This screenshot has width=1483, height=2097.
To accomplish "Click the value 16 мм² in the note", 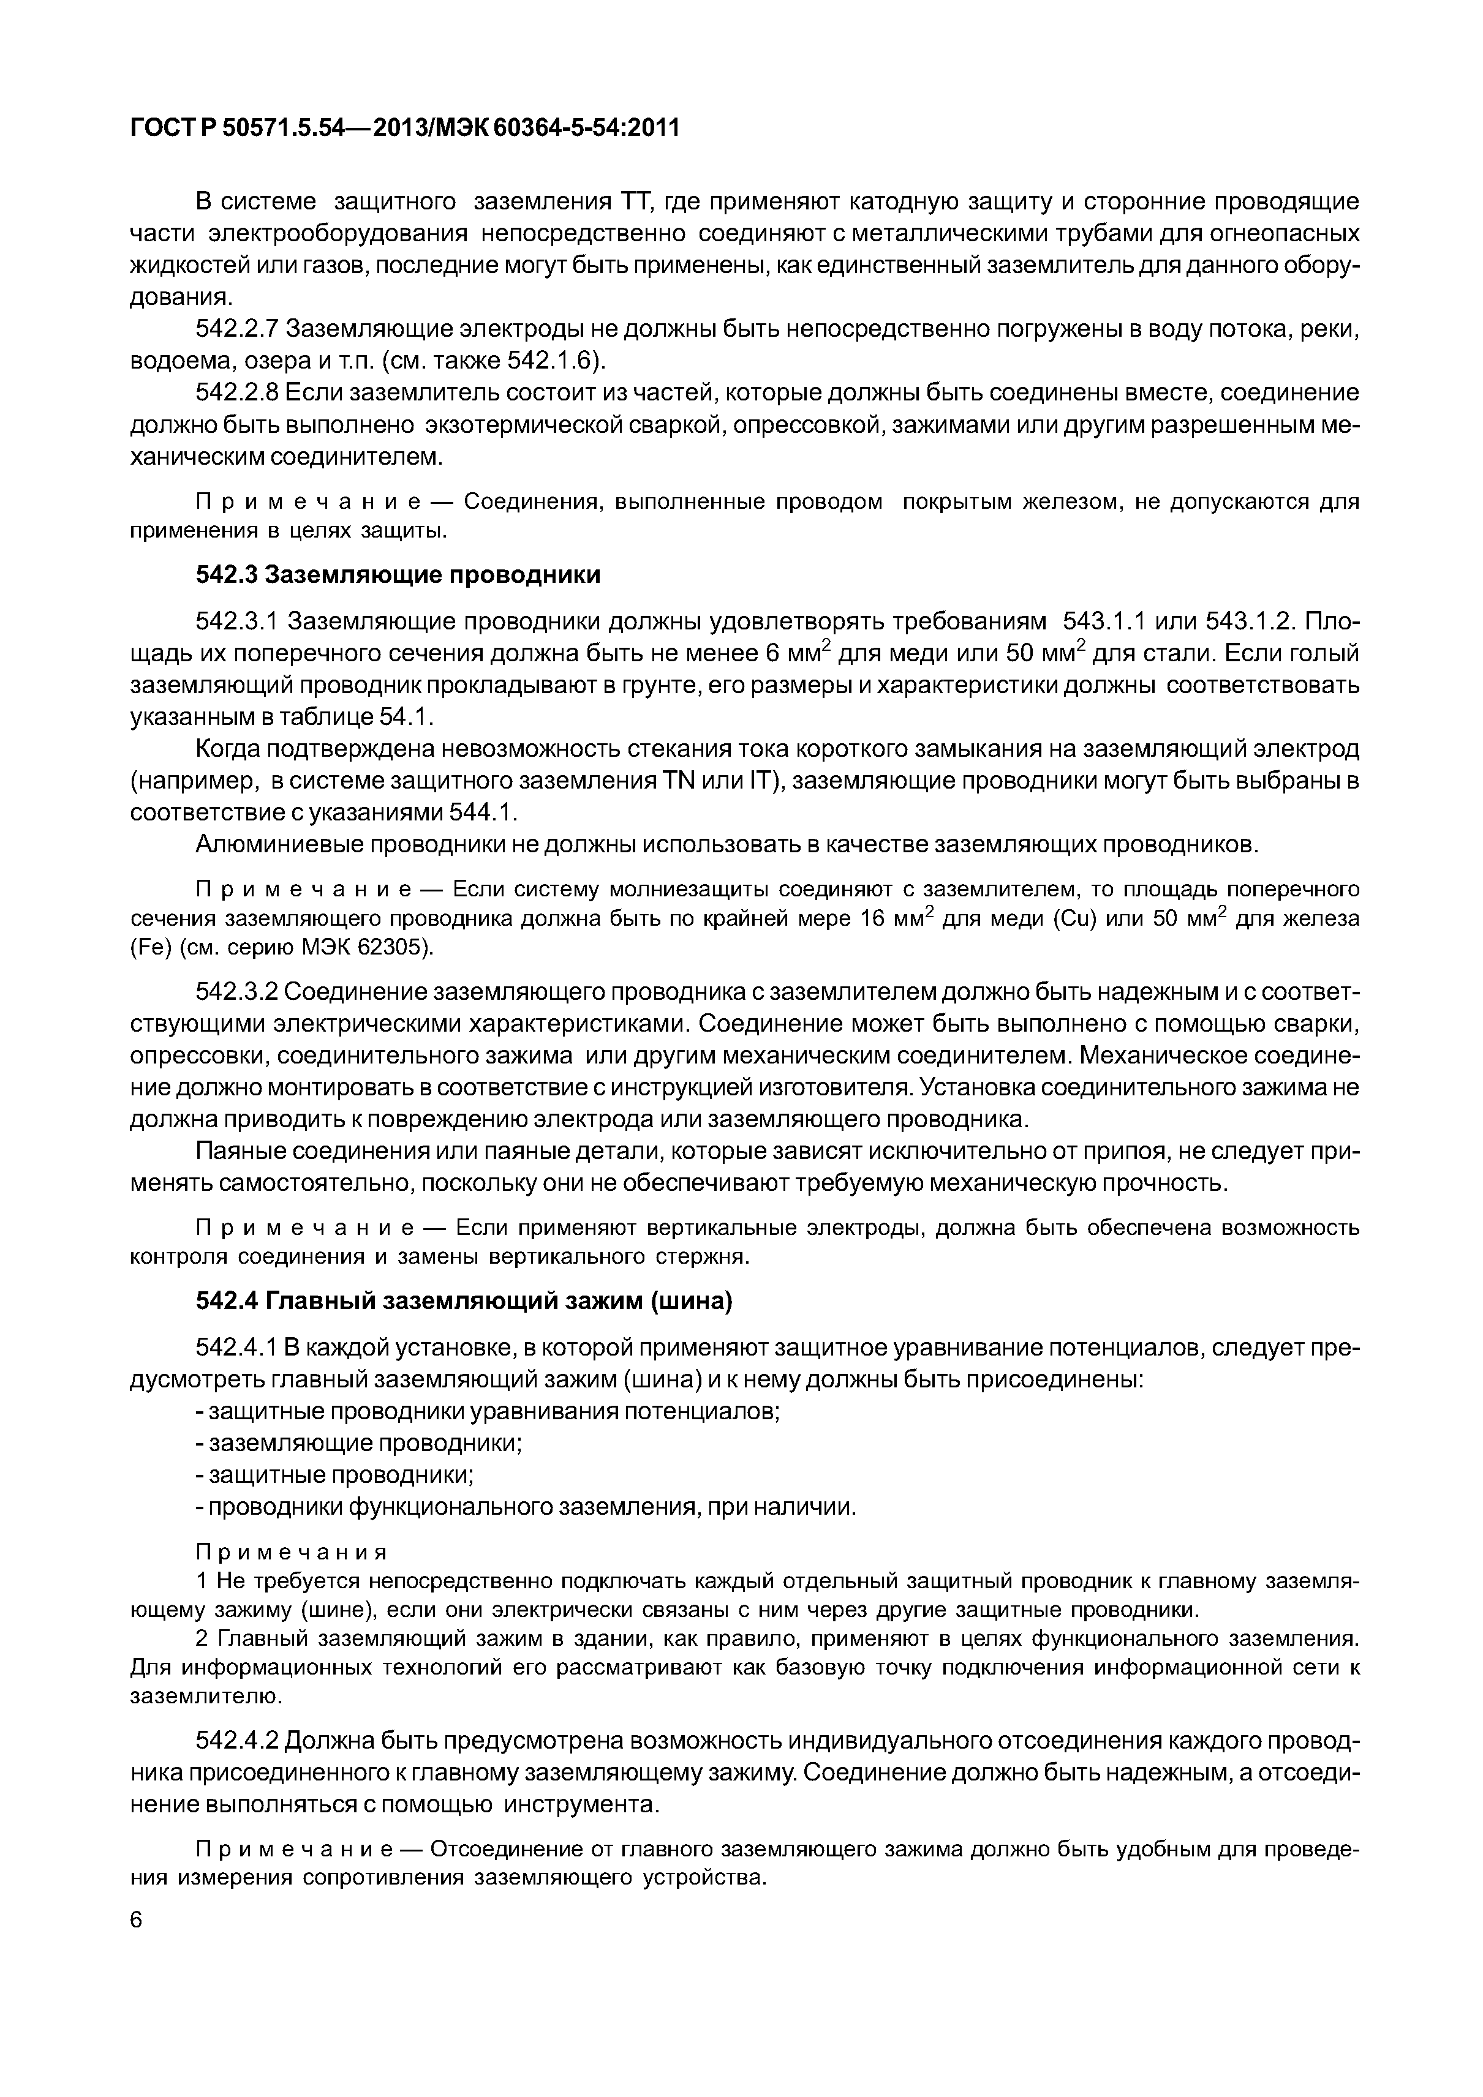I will click(896, 919).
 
